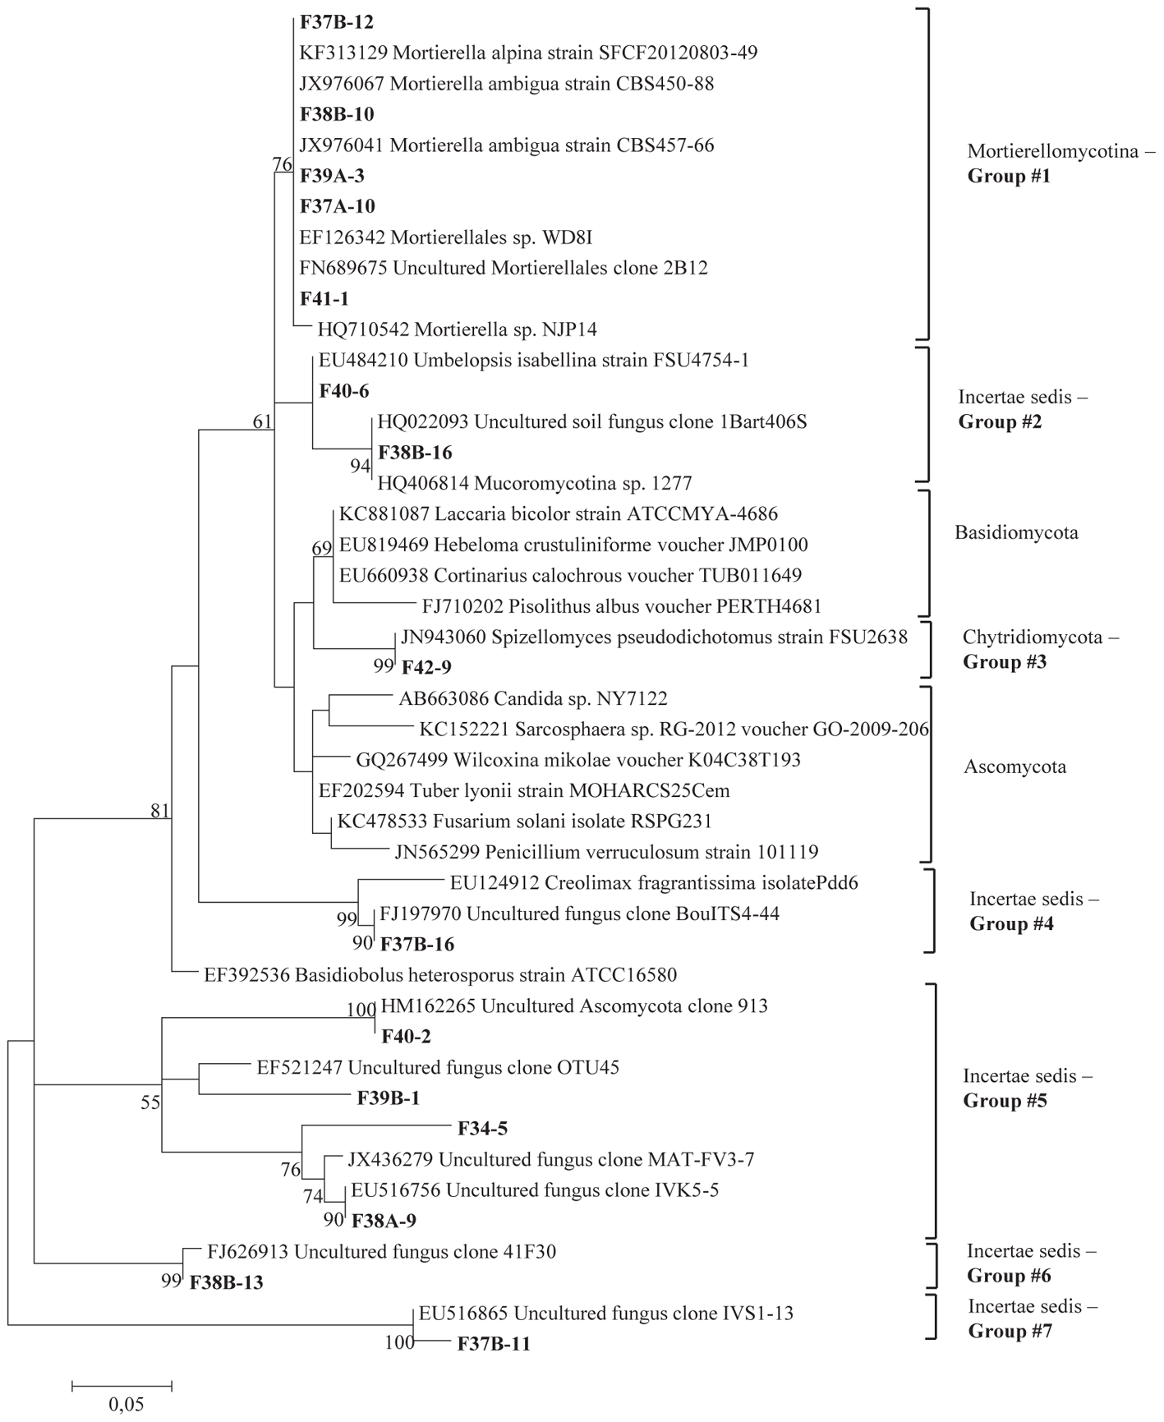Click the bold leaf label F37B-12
pyautogui.click(x=337, y=22)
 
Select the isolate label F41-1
pyautogui.click(x=324, y=299)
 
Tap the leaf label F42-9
pyautogui.click(x=426, y=667)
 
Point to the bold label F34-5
pyautogui.click(x=482, y=1129)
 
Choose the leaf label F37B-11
pyautogui.click(x=494, y=1345)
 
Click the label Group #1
pyautogui.click(x=1010, y=177)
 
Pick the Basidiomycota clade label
pyautogui.click(x=1016, y=533)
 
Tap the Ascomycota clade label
pyautogui.click(x=1015, y=767)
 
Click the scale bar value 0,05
pyautogui.click(x=127, y=1404)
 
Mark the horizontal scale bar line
pyautogui.click(x=122, y=1387)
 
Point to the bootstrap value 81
pyautogui.click(x=159, y=812)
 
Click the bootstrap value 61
pyautogui.click(x=262, y=422)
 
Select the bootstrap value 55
pyautogui.click(x=150, y=1102)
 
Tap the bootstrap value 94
pyautogui.click(x=361, y=467)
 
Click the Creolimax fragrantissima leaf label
pyautogui.click(x=654, y=883)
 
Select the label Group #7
pyautogui.click(x=1010, y=1331)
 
